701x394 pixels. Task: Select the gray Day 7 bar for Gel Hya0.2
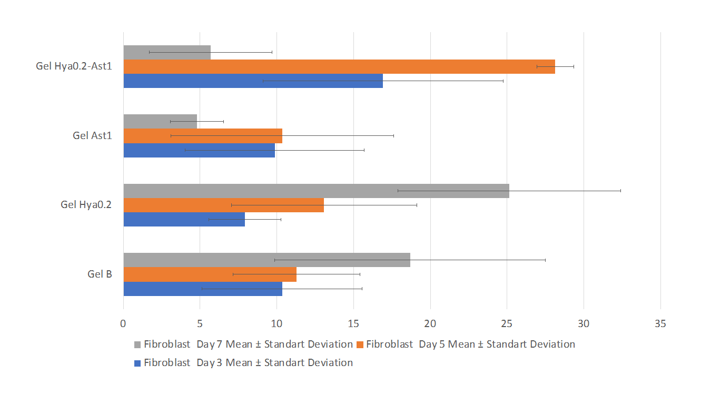[x=316, y=191]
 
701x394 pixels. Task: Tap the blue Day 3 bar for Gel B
[x=203, y=289]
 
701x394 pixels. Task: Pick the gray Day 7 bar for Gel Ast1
[x=160, y=122]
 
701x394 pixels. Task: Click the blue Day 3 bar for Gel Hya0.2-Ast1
[x=253, y=81]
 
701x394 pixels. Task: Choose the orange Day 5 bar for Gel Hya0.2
[x=223, y=205]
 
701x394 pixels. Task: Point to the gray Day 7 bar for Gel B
[x=266, y=260]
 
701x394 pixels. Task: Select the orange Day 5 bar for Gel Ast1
[x=203, y=136]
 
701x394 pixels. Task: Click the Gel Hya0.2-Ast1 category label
[x=74, y=66]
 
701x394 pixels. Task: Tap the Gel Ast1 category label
[x=92, y=135]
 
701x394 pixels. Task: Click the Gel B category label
[x=100, y=274]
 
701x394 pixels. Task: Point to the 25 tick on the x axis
[x=507, y=324]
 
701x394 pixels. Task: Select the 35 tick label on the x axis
[x=660, y=324]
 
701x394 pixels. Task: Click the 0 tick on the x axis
[x=123, y=324]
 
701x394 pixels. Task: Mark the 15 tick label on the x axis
[x=353, y=324]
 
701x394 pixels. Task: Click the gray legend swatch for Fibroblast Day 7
[x=138, y=344]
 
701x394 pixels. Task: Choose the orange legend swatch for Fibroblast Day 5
[x=360, y=344]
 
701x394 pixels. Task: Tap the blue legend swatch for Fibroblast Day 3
[x=138, y=363]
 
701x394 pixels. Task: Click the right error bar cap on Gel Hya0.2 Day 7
[x=620, y=191]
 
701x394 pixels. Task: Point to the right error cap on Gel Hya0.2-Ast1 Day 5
[x=574, y=67]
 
